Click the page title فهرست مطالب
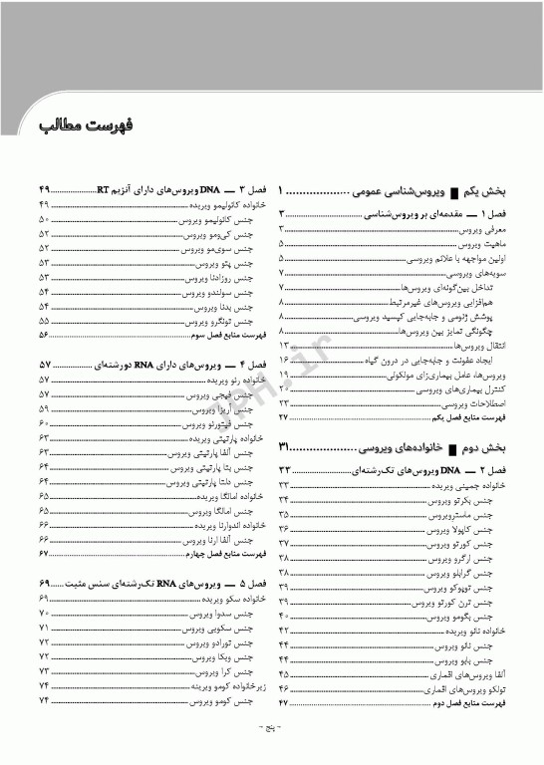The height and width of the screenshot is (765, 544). coord(87,130)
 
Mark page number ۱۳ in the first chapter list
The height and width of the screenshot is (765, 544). coord(284,344)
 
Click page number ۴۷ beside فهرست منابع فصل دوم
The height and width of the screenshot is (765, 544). coord(284,702)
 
